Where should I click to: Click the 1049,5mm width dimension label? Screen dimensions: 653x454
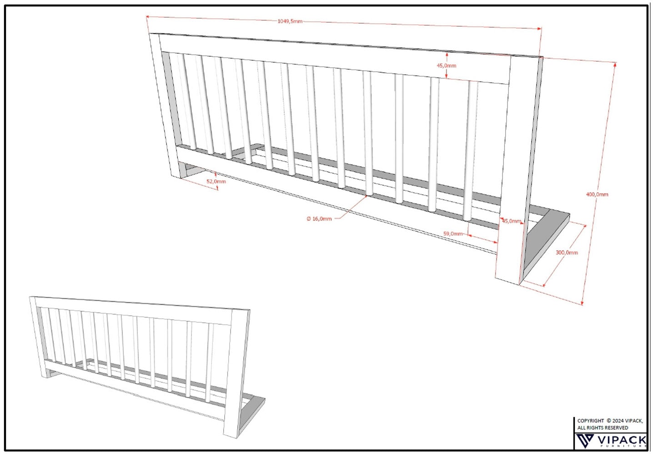(290, 21)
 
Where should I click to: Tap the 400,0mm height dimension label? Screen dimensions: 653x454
(597, 194)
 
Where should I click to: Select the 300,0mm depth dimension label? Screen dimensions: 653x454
(567, 252)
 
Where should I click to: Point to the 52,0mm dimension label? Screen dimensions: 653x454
(216, 182)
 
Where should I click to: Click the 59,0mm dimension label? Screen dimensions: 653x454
(453, 234)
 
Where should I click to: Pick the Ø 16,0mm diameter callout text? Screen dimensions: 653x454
(319, 219)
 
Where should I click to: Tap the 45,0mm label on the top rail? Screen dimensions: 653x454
(446, 66)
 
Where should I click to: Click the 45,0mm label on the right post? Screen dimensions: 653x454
(511, 221)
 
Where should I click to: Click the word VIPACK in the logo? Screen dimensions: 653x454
(622, 439)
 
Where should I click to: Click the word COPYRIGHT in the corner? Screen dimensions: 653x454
(591, 421)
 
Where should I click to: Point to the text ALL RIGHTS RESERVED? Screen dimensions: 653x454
(603, 428)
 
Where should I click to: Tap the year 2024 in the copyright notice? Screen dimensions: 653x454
(618, 421)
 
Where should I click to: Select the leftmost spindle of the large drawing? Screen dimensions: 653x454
(187, 102)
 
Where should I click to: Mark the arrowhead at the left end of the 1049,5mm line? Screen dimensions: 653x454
(147, 17)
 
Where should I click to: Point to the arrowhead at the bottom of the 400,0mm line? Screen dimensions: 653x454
(582, 303)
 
